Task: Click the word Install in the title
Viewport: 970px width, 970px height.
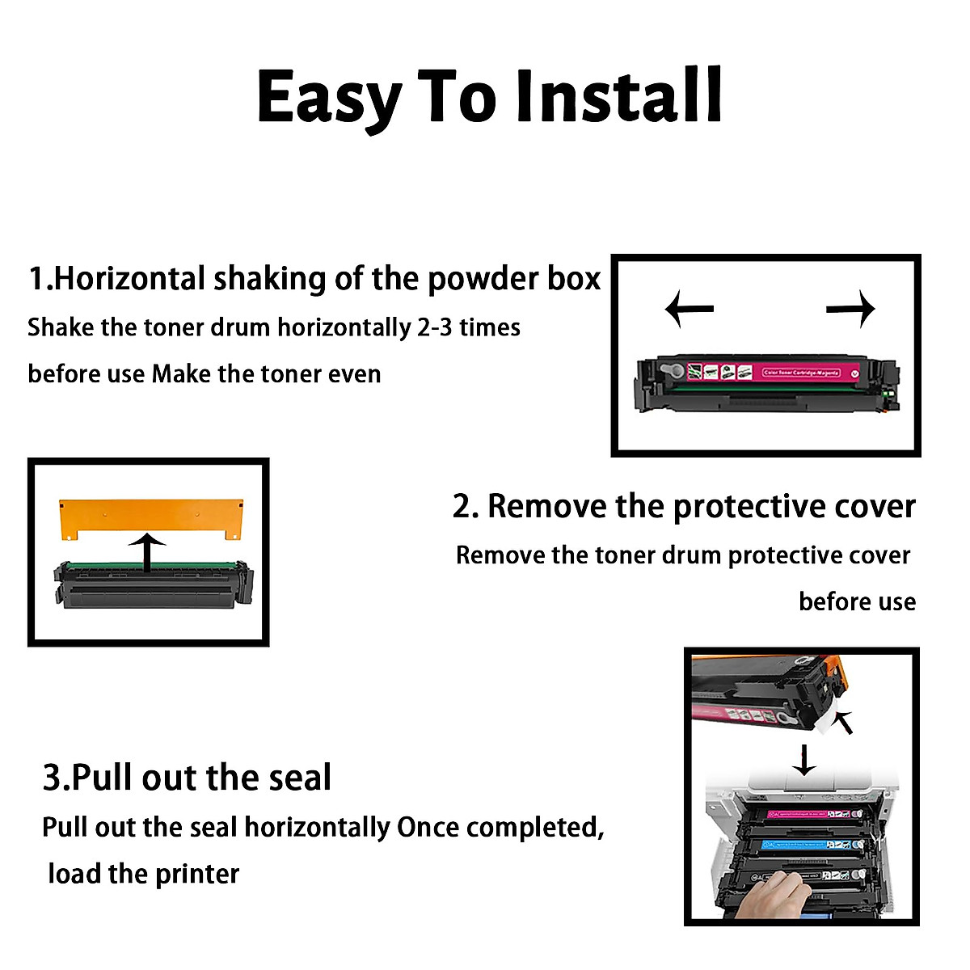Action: pos(618,97)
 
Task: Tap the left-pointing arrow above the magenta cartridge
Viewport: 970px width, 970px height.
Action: pos(689,309)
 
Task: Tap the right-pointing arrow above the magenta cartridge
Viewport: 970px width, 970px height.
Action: pos(851,308)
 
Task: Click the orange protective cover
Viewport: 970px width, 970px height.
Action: pos(151,516)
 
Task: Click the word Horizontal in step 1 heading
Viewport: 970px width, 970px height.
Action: pos(129,279)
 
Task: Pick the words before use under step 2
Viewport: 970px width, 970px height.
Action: pos(857,602)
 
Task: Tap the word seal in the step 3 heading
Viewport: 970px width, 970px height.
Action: pos(300,778)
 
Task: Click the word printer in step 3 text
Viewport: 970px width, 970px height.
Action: pos(197,874)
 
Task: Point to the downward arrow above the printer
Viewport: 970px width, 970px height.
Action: pos(803,761)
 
